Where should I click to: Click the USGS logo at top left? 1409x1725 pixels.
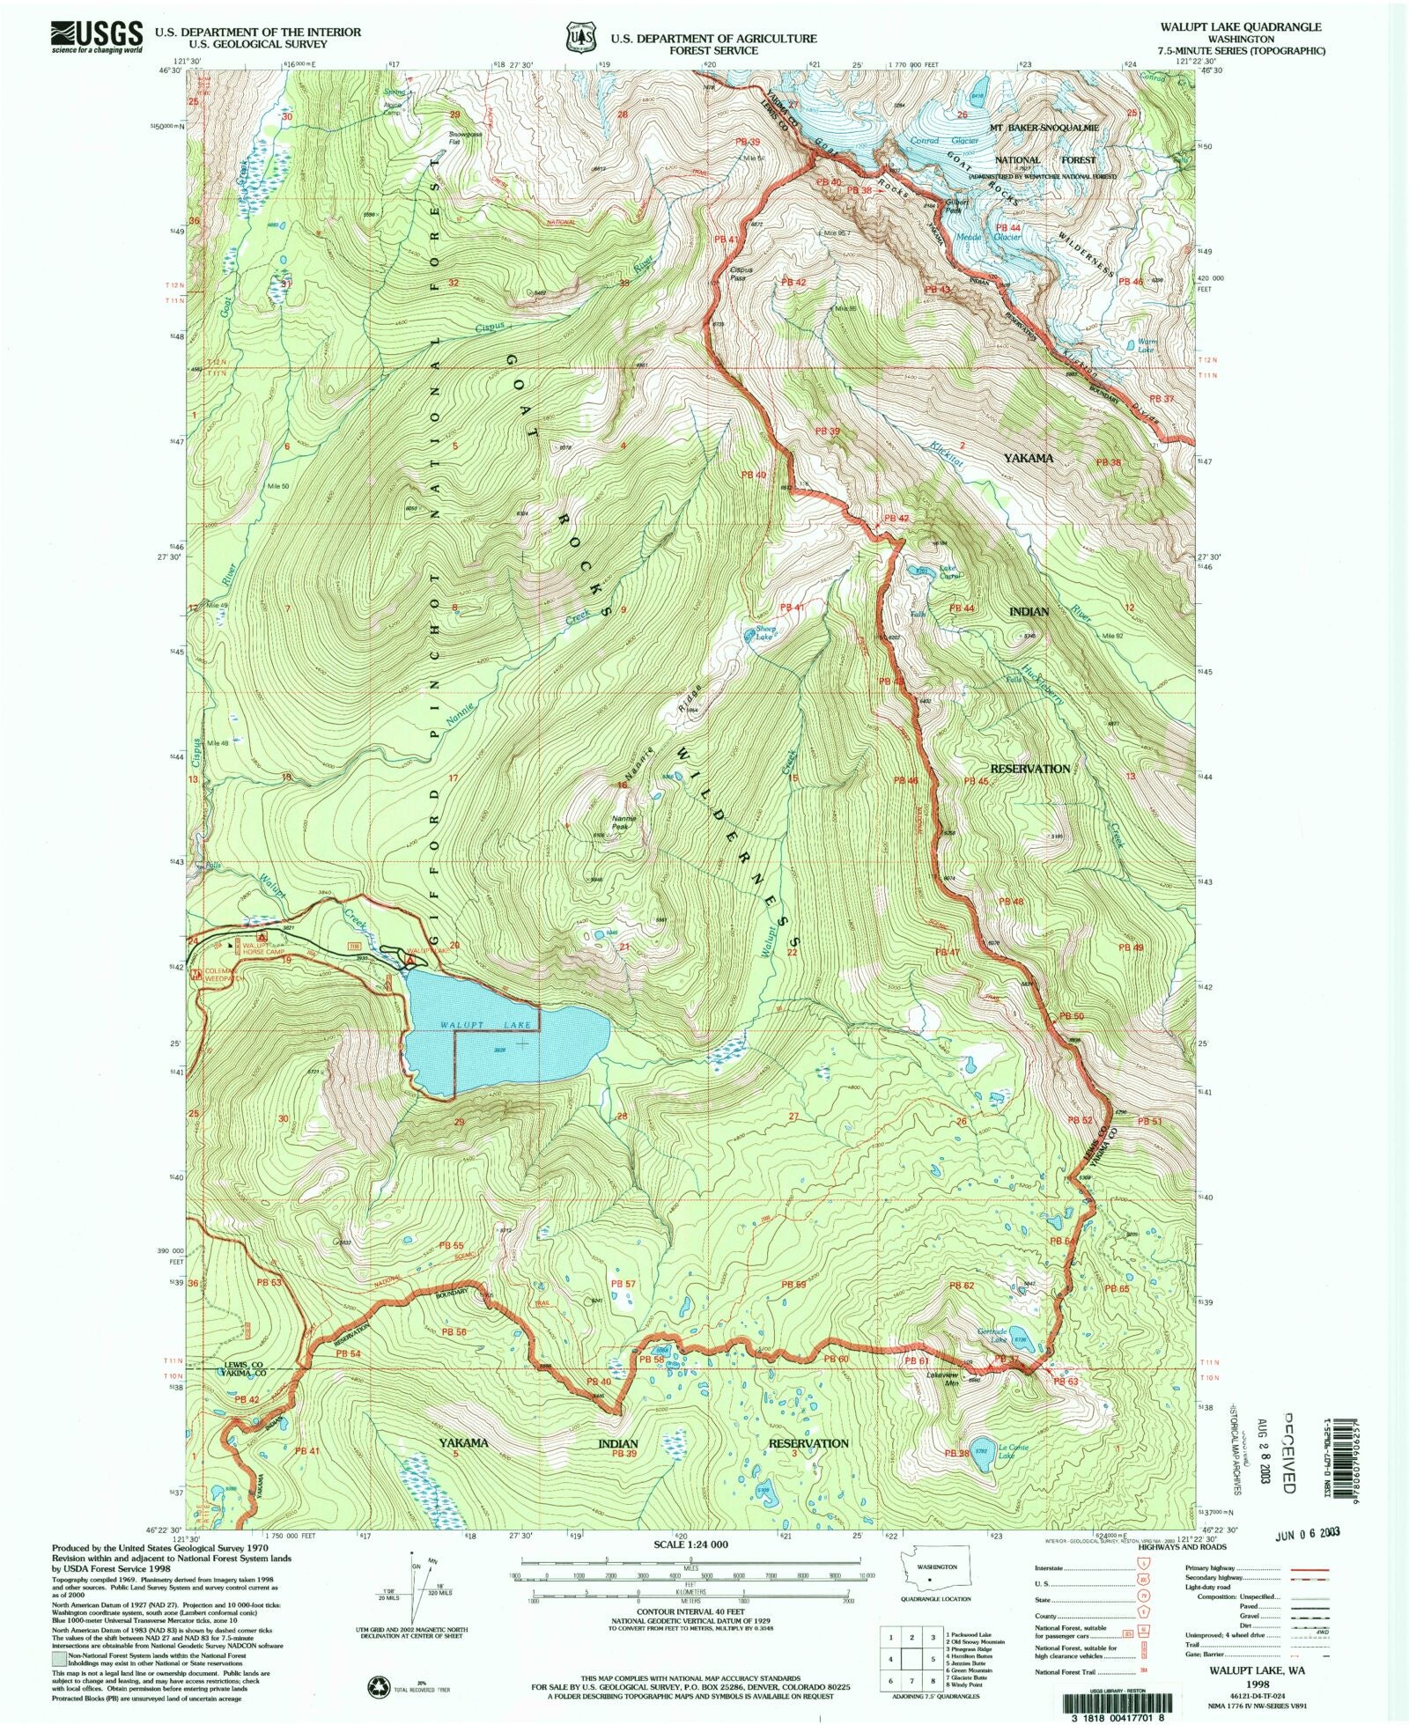97,37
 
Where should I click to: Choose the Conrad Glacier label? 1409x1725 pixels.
935,141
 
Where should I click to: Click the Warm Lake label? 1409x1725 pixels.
1146,346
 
